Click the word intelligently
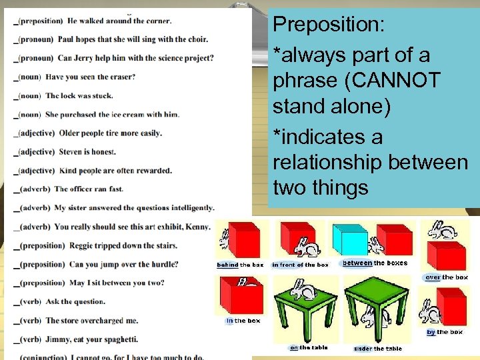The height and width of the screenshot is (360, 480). (x=189, y=208)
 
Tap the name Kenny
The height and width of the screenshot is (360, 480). (x=198, y=227)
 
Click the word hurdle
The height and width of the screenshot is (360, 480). (x=165, y=264)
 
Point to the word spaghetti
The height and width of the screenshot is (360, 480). (x=120, y=339)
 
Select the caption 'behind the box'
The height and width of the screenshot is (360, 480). (x=240, y=265)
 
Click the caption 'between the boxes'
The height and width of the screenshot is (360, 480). (x=375, y=263)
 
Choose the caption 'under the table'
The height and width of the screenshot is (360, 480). (x=378, y=349)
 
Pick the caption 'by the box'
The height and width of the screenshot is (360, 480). (x=445, y=332)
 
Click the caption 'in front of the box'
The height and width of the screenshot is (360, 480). (x=300, y=265)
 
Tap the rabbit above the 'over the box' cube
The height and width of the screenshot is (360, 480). (x=443, y=230)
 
